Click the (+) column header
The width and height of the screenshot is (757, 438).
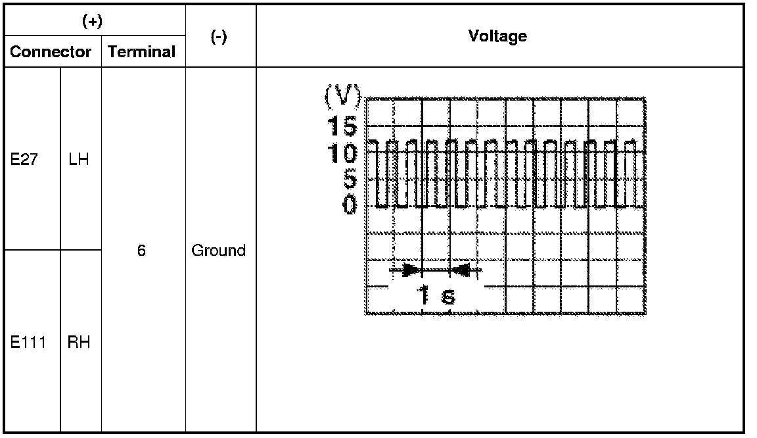pos(92,22)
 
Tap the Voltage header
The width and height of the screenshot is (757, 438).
pos(497,36)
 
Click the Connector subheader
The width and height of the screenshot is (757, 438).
pos(51,52)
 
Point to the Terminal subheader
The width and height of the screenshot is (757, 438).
pos(142,52)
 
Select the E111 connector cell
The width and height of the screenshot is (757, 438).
pos(28,342)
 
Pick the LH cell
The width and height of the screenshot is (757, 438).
pos(79,160)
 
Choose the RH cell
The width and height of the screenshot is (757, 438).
pos(79,342)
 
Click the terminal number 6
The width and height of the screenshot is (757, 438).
pos(142,251)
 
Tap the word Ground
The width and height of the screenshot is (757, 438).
pos(219,251)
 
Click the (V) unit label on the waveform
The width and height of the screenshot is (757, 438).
pos(342,99)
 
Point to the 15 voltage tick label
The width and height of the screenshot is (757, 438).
pos(342,125)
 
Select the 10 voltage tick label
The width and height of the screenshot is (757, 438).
pos(342,153)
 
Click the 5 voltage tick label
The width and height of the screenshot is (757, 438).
pos(349,179)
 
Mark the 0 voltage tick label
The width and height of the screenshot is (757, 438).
pos(350,205)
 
